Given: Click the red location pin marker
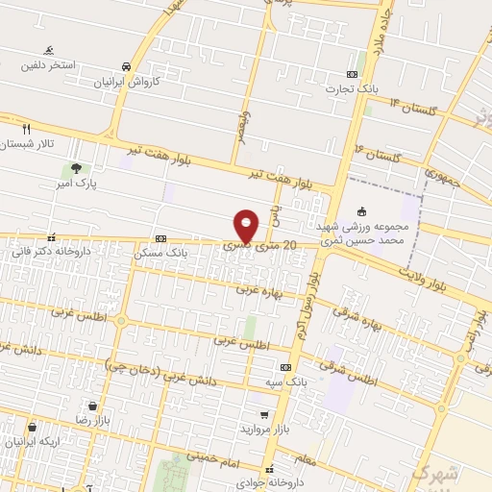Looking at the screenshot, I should (x=247, y=225).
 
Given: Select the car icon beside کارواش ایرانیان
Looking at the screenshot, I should (x=127, y=66).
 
